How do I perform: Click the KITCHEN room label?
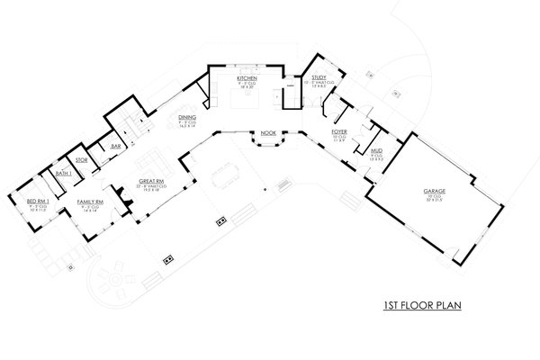tap(247, 78)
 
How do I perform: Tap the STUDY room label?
tap(319, 78)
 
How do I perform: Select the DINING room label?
tap(187, 118)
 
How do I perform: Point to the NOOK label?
tap(267, 133)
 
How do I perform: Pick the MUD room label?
tap(377, 151)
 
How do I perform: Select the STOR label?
tap(81, 161)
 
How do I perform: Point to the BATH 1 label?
tap(63, 172)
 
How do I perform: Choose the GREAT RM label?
tap(148, 181)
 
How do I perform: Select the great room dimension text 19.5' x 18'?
tap(148, 192)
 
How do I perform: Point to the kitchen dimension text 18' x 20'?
tap(247, 88)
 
